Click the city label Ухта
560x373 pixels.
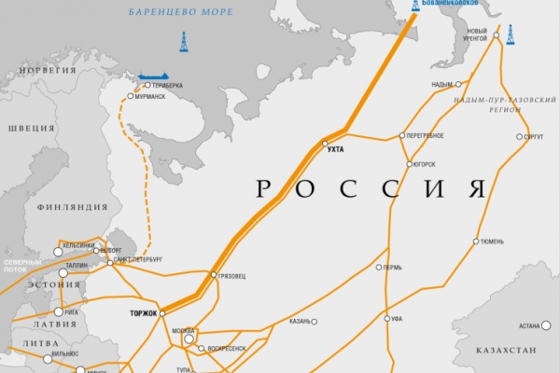pos(337,150)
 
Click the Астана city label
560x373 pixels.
pos(529,325)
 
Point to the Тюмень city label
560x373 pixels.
pos(493,241)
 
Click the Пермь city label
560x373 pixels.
pos(392,268)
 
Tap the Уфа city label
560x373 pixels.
pos(396,319)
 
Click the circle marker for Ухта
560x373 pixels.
pos(325,144)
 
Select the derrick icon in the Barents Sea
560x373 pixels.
pos(183,42)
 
